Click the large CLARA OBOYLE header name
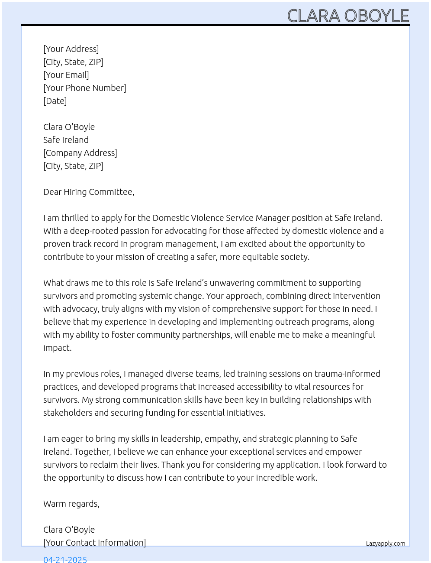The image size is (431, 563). (x=348, y=16)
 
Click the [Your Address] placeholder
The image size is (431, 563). (x=71, y=49)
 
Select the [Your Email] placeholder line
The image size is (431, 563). (x=66, y=75)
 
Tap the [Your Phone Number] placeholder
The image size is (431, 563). (x=85, y=88)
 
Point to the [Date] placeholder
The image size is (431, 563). (x=55, y=101)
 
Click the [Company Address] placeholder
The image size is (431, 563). (x=80, y=153)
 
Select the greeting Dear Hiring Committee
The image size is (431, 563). (x=89, y=192)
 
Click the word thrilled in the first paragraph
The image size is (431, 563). (x=75, y=218)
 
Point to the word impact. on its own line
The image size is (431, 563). (x=57, y=348)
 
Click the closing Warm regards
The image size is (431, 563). (x=71, y=504)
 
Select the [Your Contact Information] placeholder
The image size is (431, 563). (x=94, y=543)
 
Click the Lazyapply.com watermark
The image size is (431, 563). (x=386, y=544)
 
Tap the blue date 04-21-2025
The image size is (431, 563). (x=65, y=559)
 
